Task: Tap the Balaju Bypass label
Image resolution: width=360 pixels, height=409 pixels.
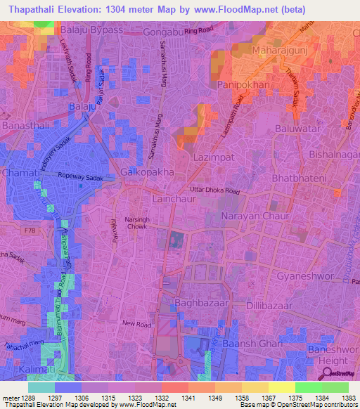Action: click(x=92, y=32)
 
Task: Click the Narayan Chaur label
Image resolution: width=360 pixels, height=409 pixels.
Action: click(x=255, y=218)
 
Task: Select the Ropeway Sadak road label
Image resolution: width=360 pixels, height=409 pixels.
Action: click(x=80, y=178)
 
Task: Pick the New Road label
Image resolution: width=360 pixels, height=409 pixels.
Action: click(x=136, y=323)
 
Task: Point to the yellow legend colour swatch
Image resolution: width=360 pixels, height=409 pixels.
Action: click(x=281, y=387)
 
